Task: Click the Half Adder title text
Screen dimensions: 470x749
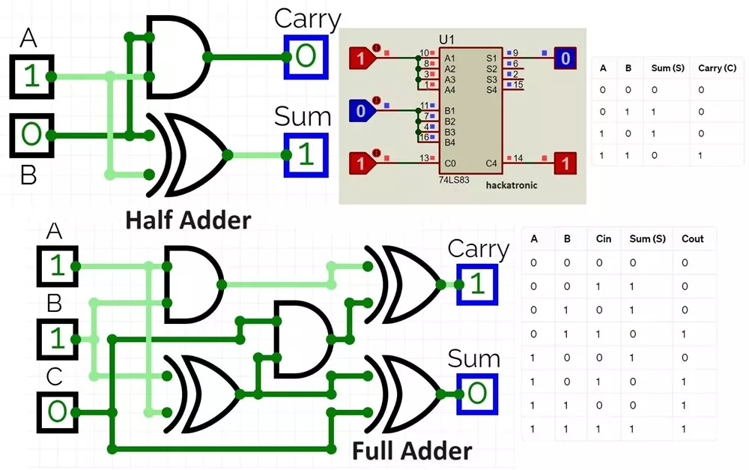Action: tap(188, 220)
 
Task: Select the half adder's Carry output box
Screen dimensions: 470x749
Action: tap(306, 55)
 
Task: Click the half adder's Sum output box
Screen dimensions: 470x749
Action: tap(305, 154)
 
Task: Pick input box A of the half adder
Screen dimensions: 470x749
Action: tap(31, 76)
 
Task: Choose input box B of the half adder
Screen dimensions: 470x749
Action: tap(31, 135)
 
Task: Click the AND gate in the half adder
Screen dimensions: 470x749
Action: tap(178, 57)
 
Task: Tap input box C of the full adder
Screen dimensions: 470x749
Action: tap(58, 412)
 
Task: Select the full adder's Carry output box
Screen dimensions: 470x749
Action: tap(476, 284)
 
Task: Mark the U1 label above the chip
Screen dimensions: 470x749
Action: tap(447, 39)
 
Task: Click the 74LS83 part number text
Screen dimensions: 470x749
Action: tap(454, 181)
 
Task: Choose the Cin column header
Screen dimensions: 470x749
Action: tap(604, 239)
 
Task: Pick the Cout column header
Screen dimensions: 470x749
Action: tap(693, 239)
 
